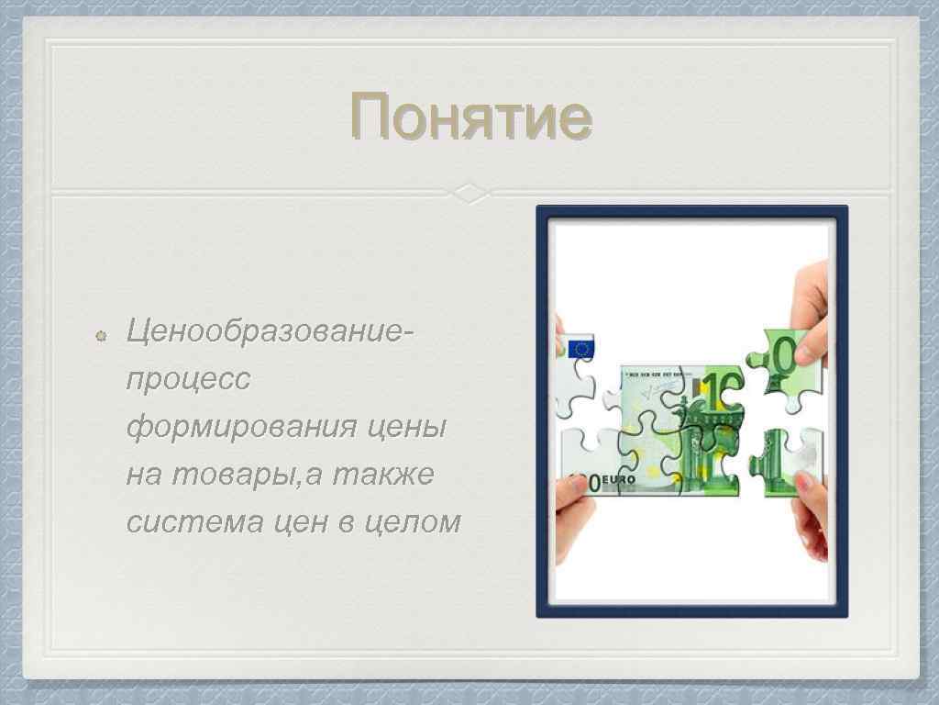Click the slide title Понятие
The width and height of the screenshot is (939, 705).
point(470,117)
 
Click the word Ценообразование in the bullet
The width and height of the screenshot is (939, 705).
point(266,328)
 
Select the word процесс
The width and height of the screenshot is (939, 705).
point(187,377)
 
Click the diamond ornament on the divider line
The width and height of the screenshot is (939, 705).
point(469,193)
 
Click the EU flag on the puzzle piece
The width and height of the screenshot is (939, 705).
point(580,349)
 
